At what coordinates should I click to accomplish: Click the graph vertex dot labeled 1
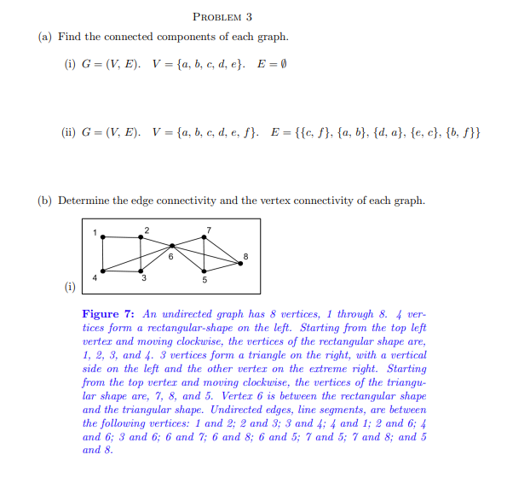point(104,236)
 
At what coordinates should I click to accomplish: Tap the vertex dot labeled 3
point(141,270)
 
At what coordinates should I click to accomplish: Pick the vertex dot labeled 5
point(205,271)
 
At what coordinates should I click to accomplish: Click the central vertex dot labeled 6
point(172,246)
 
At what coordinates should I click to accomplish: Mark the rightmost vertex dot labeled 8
point(241,264)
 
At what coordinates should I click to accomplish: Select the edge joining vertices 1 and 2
point(123,236)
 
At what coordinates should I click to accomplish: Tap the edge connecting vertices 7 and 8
point(223,250)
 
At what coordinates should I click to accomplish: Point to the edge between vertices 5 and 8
point(223,267)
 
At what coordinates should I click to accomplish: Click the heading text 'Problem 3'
point(222,16)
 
